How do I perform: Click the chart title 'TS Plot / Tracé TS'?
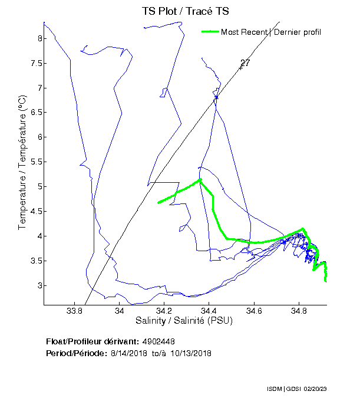click(185, 11)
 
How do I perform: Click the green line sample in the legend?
click(210, 32)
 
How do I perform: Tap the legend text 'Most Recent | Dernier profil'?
click(270, 32)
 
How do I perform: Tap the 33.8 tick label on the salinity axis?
click(74, 311)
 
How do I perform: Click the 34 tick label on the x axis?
click(119, 311)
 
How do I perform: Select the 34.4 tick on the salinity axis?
click(209, 311)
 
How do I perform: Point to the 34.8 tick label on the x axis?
click(299, 311)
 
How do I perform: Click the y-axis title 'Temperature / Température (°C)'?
click(22, 162)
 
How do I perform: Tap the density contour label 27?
click(245, 63)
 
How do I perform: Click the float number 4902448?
click(158, 341)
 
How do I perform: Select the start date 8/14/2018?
click(128, 353)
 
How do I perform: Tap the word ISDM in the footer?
click(275, 389)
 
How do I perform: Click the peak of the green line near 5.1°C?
click(200, 180)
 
